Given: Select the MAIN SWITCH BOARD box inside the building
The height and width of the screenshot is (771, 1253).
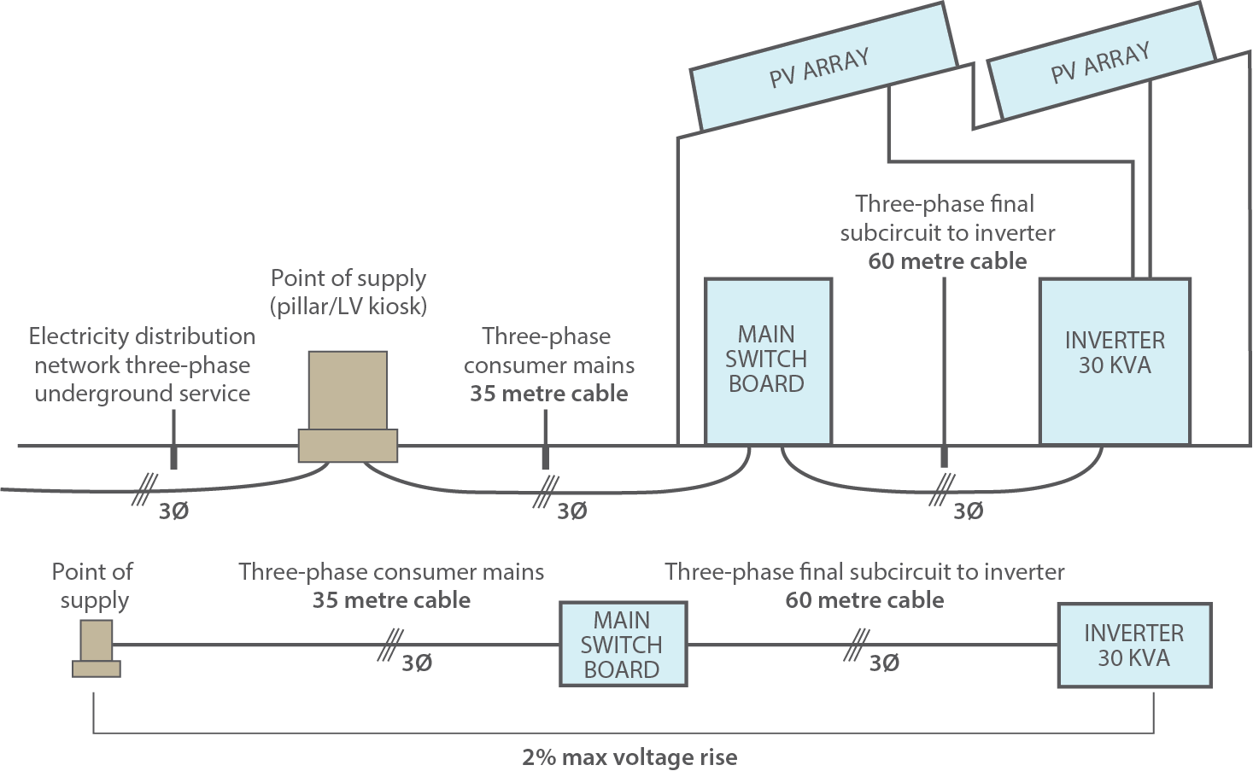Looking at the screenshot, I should pos(767,359).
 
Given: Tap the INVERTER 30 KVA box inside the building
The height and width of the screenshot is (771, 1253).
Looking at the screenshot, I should pos(1114,359).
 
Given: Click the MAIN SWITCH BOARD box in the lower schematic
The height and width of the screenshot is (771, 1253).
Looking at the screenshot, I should pos(622,645).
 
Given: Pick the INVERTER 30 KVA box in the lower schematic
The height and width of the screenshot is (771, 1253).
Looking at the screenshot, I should pos(1133,645).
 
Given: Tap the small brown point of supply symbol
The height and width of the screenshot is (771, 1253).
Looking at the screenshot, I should pos(96,649).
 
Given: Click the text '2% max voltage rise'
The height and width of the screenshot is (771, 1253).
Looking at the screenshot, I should pos(629,757).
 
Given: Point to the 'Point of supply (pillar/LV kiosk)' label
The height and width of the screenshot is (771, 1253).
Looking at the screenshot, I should pos(348,292).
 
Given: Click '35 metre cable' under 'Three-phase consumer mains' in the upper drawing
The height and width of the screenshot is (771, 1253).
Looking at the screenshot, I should pos(548,394).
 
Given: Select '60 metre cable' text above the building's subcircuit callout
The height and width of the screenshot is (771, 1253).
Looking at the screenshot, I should pos(946,261).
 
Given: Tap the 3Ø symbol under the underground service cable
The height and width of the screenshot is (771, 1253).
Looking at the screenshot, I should pos(173,511).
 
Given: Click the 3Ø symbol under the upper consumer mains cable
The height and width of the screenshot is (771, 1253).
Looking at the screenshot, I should pos(571,511).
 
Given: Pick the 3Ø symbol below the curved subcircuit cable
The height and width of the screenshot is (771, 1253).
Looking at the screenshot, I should pos(968,511).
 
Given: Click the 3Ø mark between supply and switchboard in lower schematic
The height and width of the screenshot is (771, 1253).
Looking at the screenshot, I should pos(416,663).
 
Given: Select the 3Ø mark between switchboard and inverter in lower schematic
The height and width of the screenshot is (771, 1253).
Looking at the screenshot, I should pos(883,663).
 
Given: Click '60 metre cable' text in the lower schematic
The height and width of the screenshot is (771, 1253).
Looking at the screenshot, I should pos(864,600).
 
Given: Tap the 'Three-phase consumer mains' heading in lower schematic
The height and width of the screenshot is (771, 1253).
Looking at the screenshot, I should pos(391,572).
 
